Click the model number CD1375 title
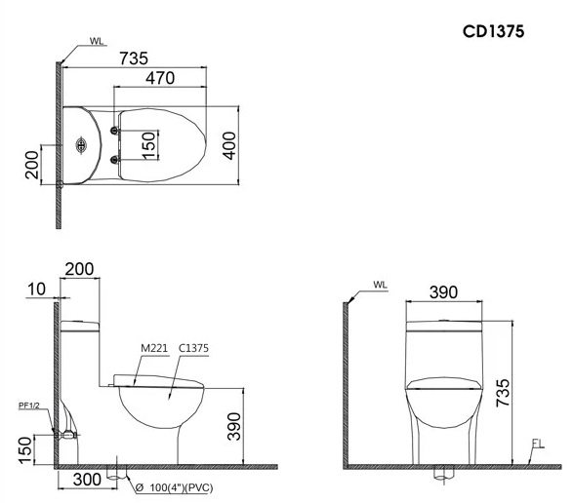[x=494, y=31]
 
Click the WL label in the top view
[x=96, y=41]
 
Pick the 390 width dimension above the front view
[x=445, y=292]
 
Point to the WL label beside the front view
[x=380, y=287]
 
